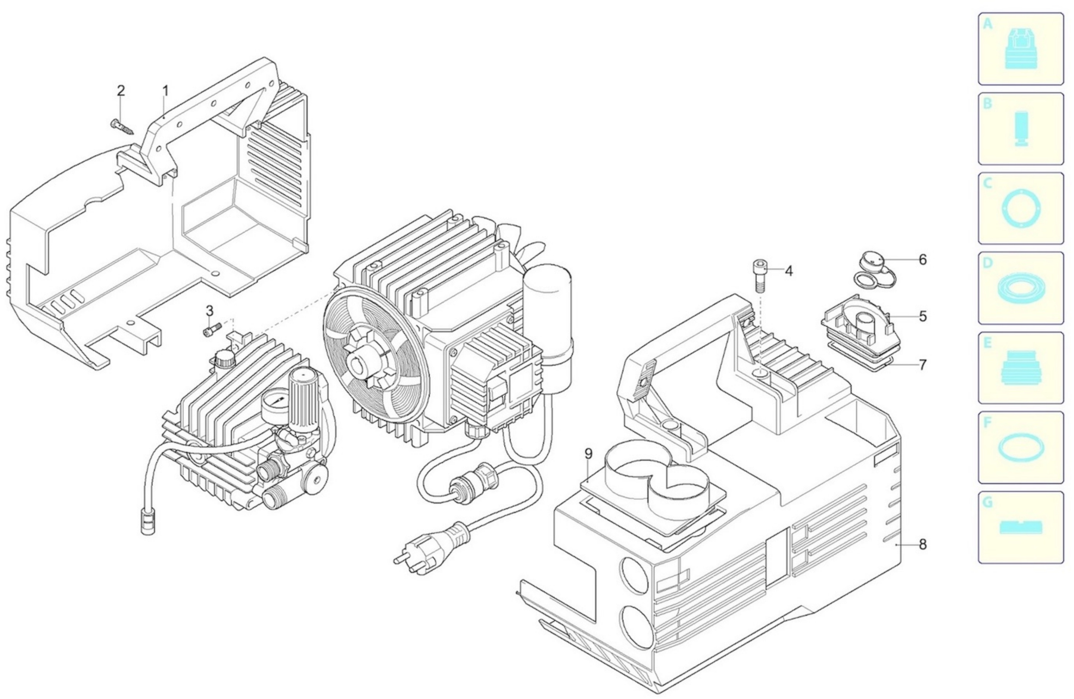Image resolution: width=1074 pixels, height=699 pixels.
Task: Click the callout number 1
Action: pyautogui.click(x=166, y=91)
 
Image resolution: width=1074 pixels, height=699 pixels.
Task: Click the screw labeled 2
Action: pyautogui.click(x=122, y=126)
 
